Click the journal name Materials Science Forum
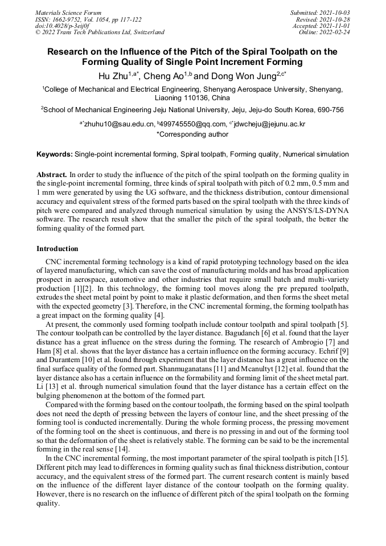[68, 13]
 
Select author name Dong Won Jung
[242, 76]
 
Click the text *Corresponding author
[192, 134]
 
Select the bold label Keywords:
[55, 154]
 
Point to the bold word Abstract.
[52, 174]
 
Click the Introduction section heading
[58, 249]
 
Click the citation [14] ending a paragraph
[122, 449]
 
